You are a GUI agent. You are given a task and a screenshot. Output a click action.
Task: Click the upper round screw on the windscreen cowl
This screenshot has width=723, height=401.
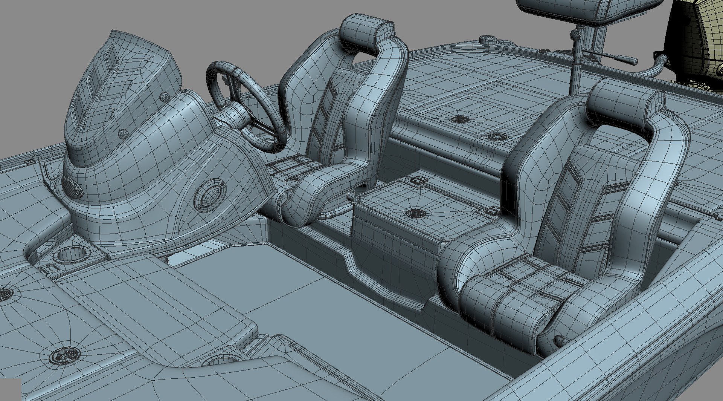[164, 97]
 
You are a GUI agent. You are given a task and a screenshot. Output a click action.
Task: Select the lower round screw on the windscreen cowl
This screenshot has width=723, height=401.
[123, 134]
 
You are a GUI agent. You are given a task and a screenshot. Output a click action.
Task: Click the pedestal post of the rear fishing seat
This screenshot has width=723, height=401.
[575, 72]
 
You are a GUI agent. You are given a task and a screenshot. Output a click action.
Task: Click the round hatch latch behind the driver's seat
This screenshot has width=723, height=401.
[459, 119]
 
